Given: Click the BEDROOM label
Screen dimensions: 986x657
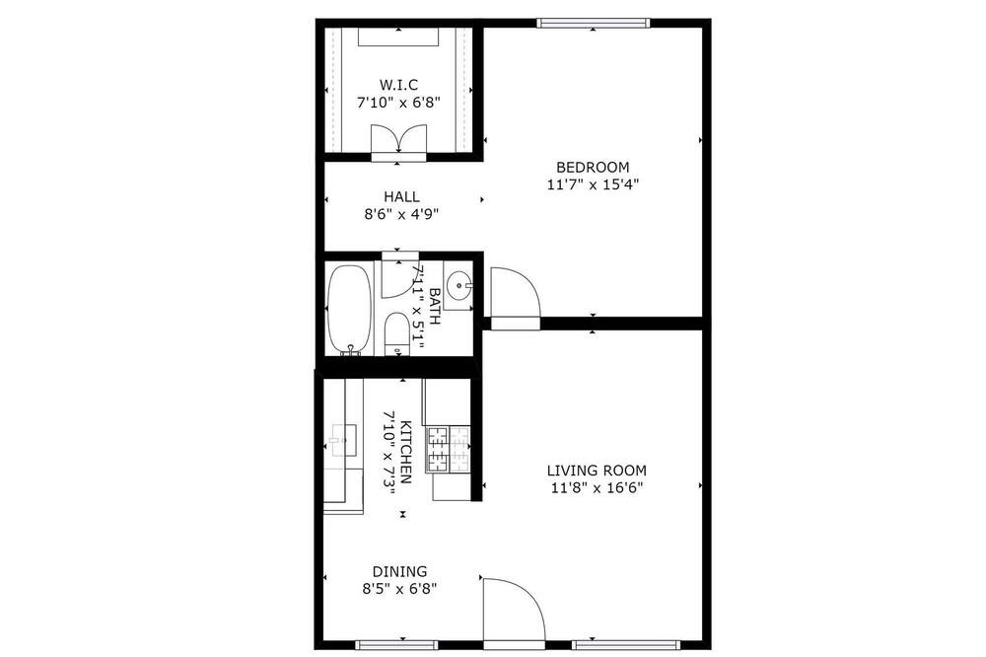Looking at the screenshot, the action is (593, 168).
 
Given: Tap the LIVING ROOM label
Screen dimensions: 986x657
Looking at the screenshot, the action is (597, 471).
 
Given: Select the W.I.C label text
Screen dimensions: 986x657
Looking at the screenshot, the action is (398, 85).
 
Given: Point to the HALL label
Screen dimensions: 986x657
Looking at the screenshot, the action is (402, 197).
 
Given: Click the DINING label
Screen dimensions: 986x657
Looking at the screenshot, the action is (400, 572).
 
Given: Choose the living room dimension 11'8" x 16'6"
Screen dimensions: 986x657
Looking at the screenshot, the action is (598, 487).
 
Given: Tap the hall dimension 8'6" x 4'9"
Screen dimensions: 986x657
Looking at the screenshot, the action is (401, 214).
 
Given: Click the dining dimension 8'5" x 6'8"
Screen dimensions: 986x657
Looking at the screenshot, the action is (399, 589).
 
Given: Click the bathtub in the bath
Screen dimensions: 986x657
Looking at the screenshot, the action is (350, 309).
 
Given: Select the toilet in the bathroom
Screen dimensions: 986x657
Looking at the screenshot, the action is (396, 332).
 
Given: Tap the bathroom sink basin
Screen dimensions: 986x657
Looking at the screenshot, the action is (460, 285).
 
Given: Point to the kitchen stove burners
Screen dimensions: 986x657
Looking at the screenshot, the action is (449, 449).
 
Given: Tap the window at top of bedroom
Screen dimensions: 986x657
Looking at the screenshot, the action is (593, 24).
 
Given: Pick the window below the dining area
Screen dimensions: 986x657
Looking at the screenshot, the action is (396, 645).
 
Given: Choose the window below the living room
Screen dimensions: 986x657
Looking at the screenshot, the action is (626, 645).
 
